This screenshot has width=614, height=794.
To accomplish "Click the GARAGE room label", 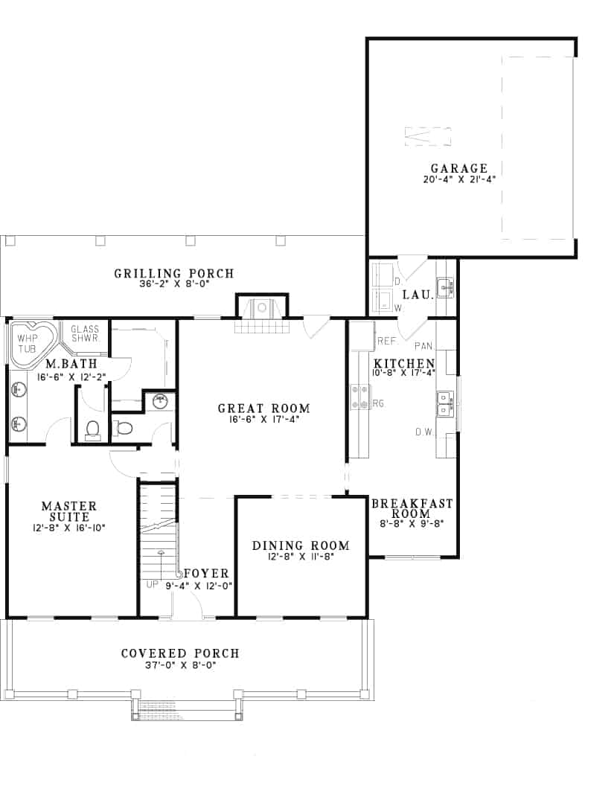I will tap(458, 168).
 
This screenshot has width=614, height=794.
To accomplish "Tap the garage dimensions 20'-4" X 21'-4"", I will tap(458, 179).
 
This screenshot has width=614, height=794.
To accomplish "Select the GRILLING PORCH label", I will tap(173, 274).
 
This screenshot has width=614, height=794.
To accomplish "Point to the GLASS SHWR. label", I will tap(85, 333).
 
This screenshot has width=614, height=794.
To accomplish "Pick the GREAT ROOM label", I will tap(263, 408).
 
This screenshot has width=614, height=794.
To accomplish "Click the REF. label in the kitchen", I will tap(386, 341).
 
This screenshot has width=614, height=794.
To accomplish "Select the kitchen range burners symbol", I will tap(359, 397).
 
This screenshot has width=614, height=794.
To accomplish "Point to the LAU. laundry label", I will tap(418, 295).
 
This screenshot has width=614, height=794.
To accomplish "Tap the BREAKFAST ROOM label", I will tap(412, 508).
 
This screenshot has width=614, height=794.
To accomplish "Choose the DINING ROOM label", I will tap(301, 545).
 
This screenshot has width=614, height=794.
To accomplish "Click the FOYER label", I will tap(205, 573).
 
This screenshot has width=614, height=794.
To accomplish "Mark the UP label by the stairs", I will tap(153, 585).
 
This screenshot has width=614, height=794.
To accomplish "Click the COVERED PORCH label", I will tap(180, 653).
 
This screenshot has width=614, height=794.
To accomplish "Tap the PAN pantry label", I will tap(424, 346).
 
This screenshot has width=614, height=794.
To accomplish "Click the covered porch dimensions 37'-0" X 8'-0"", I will tap(180, 665).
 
